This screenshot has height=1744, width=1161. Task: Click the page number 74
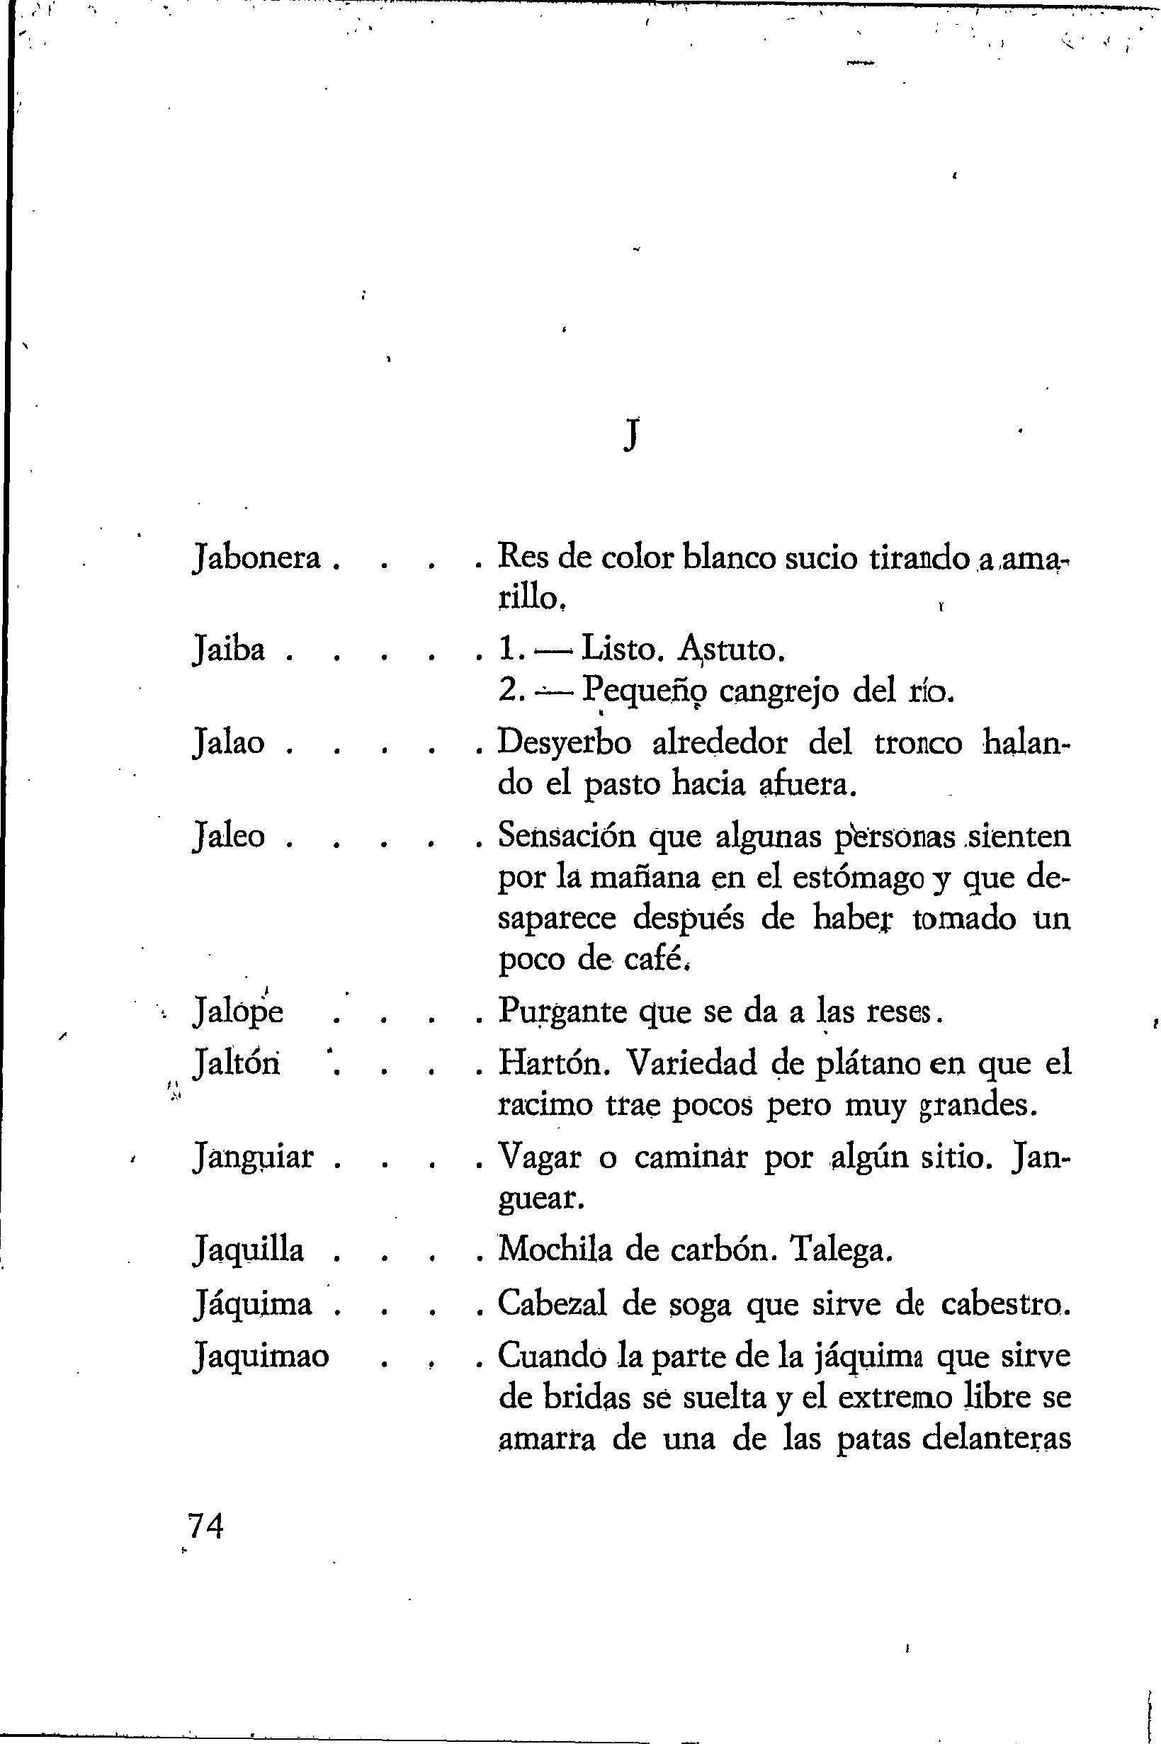coord(206,1527)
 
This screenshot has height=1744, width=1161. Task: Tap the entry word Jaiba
coord(229,650)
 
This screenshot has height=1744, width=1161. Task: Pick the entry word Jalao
coord(229,743)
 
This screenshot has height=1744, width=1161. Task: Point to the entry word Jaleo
coord(229,837)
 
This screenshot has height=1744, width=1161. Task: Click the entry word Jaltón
coord(236,1064)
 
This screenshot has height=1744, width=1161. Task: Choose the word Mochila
coord(556,1251)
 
